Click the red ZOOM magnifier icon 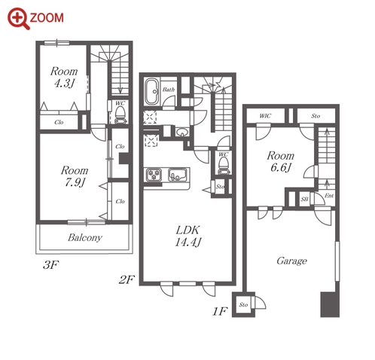(x=19, y=19)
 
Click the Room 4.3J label (x=64, y=77)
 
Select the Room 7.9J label (x=75, y=176)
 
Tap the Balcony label (x=85, y=237)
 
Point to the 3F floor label (x=50, y=265)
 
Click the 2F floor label (x=127, y=279)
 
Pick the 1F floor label (x=220, y=312)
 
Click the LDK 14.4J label (x=188, y=236)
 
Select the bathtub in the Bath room (x=151, y=91)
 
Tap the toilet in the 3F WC (x=120, y=115)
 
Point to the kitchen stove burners (x=154, y=174)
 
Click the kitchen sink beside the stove (x=178, y=174)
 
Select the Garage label (x=291, y=261)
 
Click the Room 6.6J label (x=281, y=161)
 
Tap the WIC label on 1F (x=265, y=116)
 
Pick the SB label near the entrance (x=304, y=200)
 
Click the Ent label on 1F (x=329, y=196)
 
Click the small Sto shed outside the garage (x=243, y=304)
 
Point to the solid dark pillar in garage (x=330, y=304)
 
